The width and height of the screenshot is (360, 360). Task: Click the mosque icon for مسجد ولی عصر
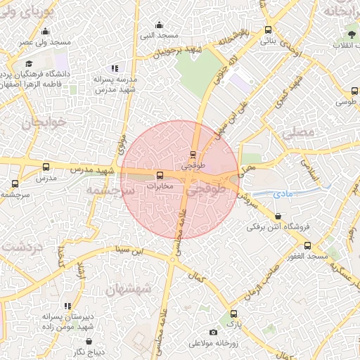pyautogui.click(x=45, y=31)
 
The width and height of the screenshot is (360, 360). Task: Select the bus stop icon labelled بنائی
pyautogui.click(x=268, y=30)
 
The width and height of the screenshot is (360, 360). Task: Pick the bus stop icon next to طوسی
pyautogui.click(x=353, y=90)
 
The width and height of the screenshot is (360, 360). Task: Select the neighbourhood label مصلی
pyautogui.click(x=295, y=131)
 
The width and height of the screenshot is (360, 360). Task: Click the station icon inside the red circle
pyautogui.click(x=193, y=155)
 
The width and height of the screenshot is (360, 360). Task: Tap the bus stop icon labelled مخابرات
pyautogui.click(x=160, y=175)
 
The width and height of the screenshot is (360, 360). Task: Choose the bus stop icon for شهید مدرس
pyautogui.click(x=46, y=167)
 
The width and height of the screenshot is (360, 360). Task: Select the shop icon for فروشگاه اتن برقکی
pyautogui.click(x=279, y=217)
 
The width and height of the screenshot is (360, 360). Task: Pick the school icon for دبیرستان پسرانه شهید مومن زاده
pyautogui.click(x=67, y=306)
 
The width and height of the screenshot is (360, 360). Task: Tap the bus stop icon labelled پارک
pyautogui.click(x=233, y=314)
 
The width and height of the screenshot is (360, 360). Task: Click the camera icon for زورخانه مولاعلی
pyautogui.click(x=213, y=333)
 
